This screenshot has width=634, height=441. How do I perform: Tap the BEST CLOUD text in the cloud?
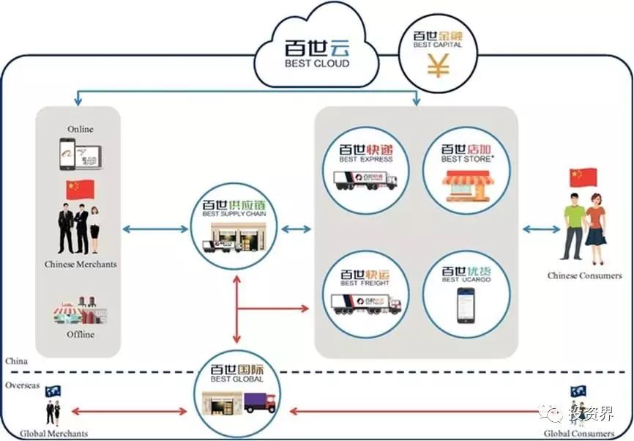(x=317, y=64)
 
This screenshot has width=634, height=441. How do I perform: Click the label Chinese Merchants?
(x=81, y=264)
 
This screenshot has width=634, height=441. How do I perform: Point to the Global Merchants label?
(x=53, y=434)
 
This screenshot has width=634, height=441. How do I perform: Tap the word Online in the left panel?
(x=81, y=129)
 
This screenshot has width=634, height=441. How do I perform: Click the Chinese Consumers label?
(x=584, y=276)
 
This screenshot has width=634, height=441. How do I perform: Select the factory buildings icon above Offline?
(x=79, y=311)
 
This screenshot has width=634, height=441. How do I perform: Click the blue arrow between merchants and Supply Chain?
(x=155, y=229)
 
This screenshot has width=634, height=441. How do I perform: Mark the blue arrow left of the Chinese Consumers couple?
(x=542, y=229)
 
